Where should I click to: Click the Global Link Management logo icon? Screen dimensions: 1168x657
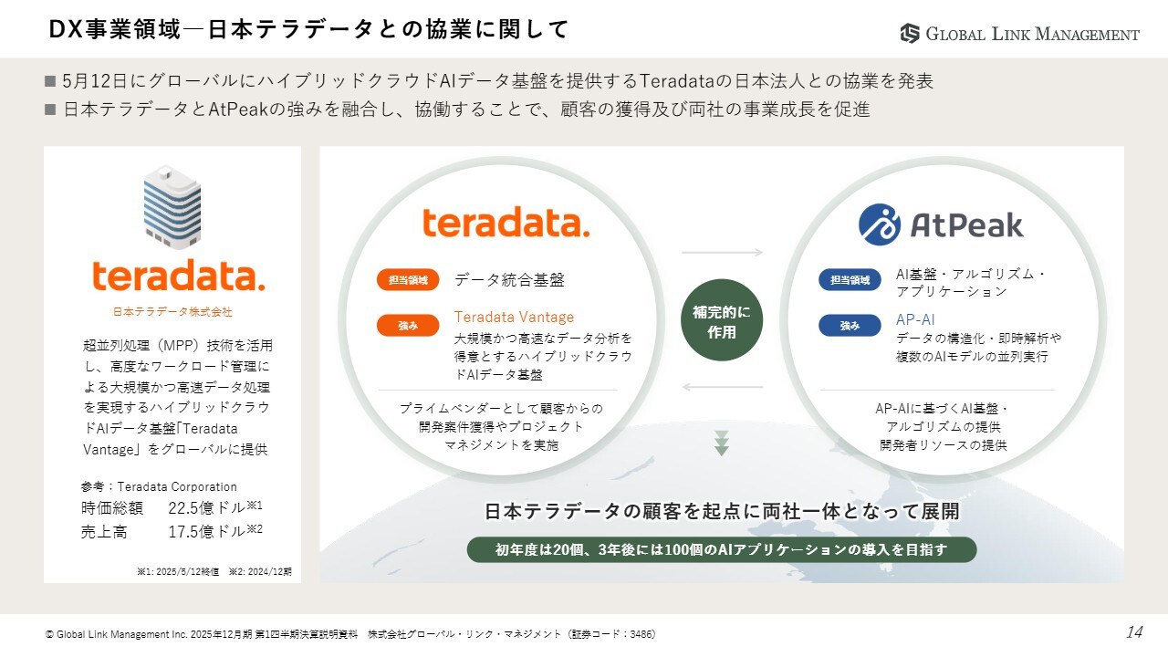click(910, 34)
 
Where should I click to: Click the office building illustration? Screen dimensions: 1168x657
click(172, 207)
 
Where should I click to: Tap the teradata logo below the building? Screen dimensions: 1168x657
click(179, 276)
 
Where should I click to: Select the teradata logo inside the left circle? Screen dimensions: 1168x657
click(506, 222)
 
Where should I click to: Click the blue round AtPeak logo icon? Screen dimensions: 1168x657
click(879, 224)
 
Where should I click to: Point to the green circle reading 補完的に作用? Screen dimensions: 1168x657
click(722, 320)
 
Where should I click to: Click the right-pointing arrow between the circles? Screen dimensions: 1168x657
click(722, 253)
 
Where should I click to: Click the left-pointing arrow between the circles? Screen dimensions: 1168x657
click(722, 387)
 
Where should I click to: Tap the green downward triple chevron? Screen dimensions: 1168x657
click(722, 443)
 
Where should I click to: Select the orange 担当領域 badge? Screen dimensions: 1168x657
click(408, 280)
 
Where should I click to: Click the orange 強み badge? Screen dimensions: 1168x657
click(408, 326)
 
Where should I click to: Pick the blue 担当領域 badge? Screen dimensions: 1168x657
click(850, 280)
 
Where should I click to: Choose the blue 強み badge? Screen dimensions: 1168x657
click(850, 326)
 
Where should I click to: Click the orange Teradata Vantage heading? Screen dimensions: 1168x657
click(514, 317)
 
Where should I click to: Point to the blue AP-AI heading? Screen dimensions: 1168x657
click(915, 319)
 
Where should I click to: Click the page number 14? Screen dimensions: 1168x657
click(1134, 632)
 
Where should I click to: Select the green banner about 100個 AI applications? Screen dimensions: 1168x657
click(722, 549)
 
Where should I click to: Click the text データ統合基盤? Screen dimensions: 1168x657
click(509, 280)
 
